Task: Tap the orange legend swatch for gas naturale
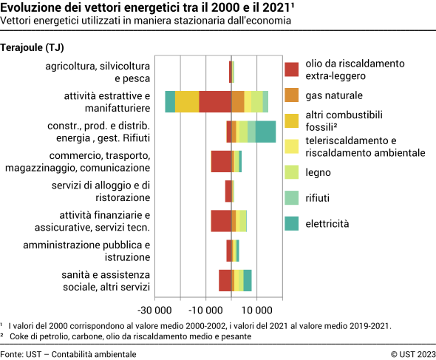point(292,95)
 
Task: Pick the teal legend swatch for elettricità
point(292,223)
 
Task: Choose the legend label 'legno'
point(318,172)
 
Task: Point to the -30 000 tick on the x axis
point(155,310)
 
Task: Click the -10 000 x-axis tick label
point(206,310)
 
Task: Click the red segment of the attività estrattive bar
point(215,101)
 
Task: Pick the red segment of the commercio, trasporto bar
point(221,161)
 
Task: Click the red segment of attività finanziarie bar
point(221,220)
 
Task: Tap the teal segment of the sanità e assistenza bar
point(248,280)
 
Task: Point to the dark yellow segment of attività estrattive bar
point(187,101)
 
